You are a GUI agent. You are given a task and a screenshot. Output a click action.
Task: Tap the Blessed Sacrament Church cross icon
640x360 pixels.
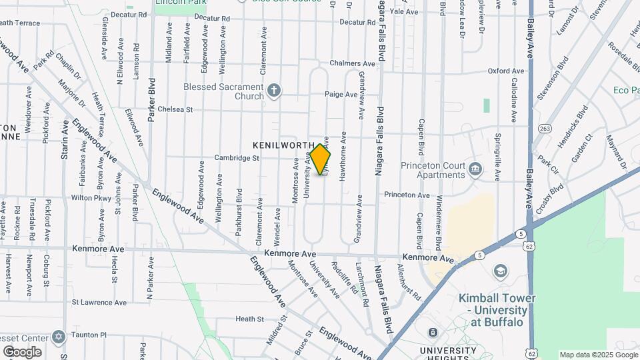[273, 90]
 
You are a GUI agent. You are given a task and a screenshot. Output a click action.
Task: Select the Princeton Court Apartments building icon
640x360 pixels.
[475, 167]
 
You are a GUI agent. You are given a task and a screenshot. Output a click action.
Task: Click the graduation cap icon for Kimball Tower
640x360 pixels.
[499, 271]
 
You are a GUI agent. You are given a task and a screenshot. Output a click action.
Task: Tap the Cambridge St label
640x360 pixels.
[236, 158]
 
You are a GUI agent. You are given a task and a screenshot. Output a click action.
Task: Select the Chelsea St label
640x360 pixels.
[175, 109]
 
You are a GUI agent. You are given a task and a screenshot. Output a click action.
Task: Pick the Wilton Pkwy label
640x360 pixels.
[91, 198]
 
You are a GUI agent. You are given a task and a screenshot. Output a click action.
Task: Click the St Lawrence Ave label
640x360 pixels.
[99, 302]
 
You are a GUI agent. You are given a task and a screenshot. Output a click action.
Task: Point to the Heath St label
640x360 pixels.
[249, 319]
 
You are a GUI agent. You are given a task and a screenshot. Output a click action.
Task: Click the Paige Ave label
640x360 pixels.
[341, 95]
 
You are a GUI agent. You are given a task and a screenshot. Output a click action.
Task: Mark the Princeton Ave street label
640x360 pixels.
[407, 195]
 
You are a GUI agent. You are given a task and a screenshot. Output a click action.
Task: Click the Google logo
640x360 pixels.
[22, 352]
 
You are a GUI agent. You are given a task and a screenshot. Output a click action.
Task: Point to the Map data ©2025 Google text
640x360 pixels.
[597, 355]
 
